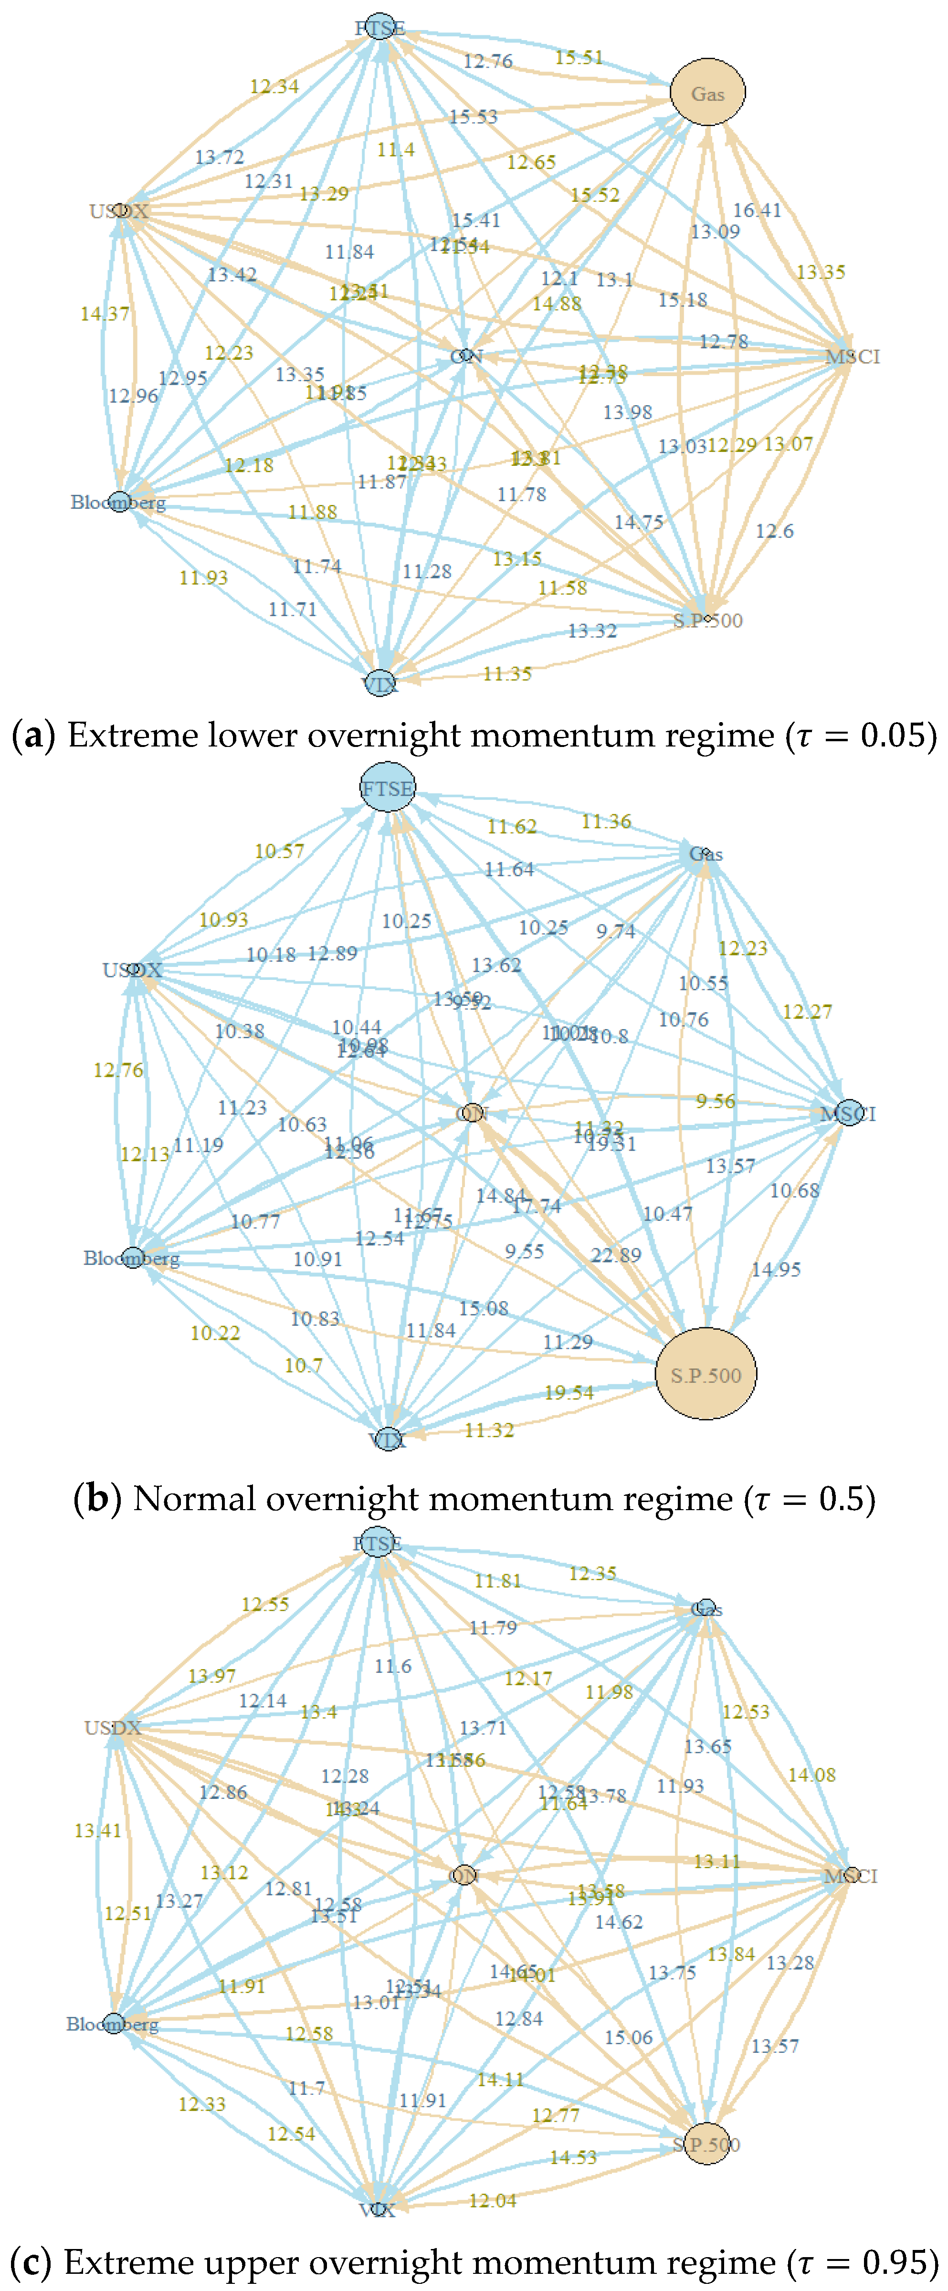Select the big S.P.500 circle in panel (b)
(x=705, y=1375)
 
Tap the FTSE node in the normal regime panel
(x=388, y=788)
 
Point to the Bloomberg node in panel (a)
(x=119, y=503)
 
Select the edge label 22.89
(x=615, y=1255)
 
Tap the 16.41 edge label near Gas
(x=757, y=210)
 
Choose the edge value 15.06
(x=628, y=2037)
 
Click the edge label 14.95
(x=776, y=1269)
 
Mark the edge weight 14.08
(x=811, y=1774)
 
